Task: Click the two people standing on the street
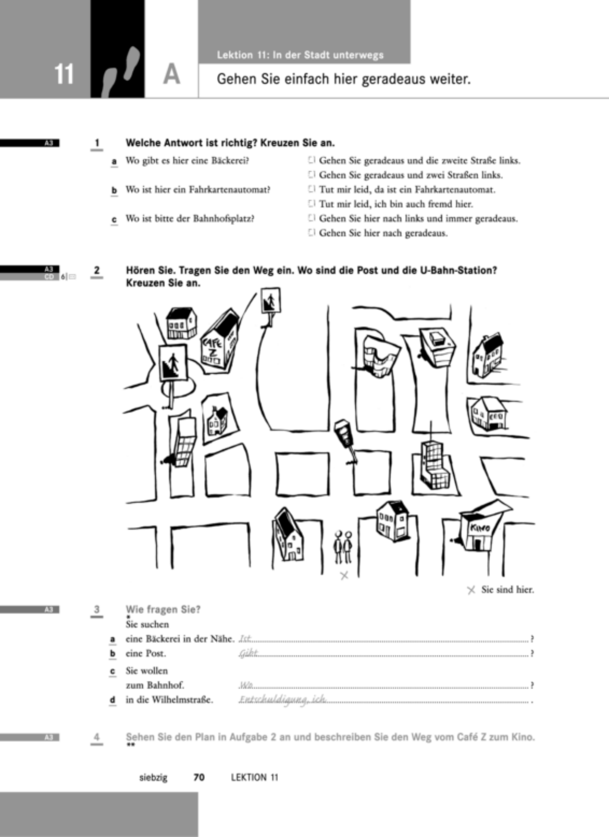coord(343,547)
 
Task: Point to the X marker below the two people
coord(344,576)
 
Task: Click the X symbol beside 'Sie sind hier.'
coord(471,590)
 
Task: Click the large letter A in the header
coord(172,74)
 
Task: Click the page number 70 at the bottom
coord(199,778)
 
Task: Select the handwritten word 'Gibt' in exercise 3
coord(249,654)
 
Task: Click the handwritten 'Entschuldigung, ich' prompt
coord(283,699)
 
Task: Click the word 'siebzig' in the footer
coord(153,778)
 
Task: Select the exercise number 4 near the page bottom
coord(97,737)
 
